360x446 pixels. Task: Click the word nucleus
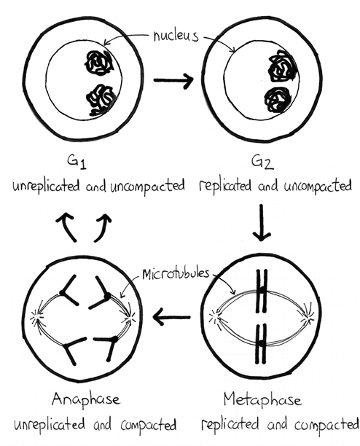click(x=175, y=36)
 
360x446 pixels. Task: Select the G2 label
click(x=262, y=162)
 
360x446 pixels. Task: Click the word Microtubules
click(x=176, y=273)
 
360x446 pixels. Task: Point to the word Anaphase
click(x=85, y=400)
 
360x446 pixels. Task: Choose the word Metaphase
click(x=262, y=400)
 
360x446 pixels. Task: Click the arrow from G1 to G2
click(x=173, y=80)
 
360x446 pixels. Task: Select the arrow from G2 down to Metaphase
click(x=262, y=222)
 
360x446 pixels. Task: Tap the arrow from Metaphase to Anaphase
click(x=171, y=316)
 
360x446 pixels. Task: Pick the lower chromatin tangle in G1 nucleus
click(x=101, y=100)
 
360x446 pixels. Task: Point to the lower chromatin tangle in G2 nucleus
click(x=278, y=100)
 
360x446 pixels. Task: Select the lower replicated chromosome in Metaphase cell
click(x=261, y=343)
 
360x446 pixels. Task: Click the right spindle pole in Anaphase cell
click(x=130, y=317)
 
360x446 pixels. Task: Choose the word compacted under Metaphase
click(x=326, y=425)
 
